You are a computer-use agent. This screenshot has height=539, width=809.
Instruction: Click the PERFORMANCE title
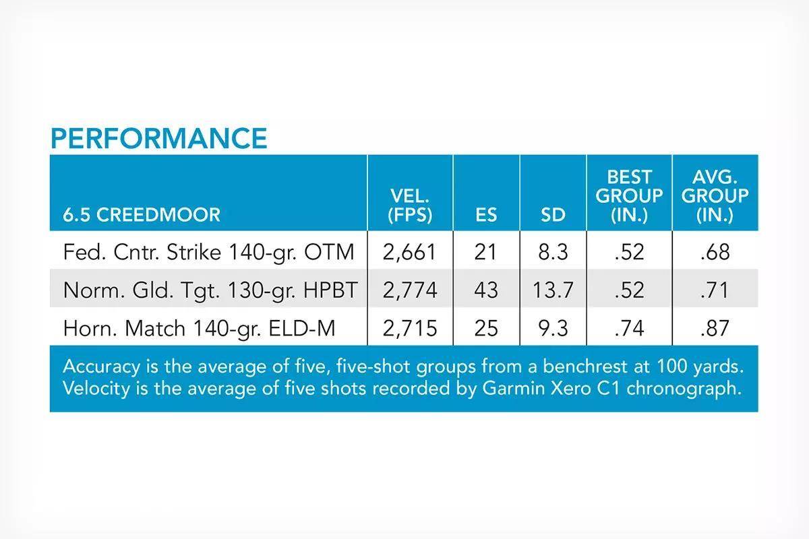pyautogui.click(x=159, y=138)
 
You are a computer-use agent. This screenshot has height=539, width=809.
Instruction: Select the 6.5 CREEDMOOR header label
pyautogui.click(x=142, y=215)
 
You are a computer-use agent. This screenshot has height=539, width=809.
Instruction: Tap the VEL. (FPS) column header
pyautogui.click(x=410, y=205)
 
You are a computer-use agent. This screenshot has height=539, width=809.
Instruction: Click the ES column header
pyautogui.click(x=486, y=215)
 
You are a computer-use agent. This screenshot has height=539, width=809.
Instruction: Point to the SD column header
pyautogui.click(x=553, y=215)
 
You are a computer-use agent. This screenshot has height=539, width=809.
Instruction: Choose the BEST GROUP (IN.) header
pyautogui.click(x=629, y=196)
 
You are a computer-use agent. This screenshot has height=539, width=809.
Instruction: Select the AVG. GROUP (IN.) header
pyautogui.click(x=715, y=196)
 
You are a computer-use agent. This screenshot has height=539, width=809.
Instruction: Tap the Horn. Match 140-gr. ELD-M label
pyautogui.click(x=199, y=329)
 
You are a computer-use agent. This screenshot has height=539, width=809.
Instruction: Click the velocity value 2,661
pyautogui.click(x=410, y=252)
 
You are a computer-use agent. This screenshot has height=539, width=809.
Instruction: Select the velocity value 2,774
pyautogui.click(x=410, y=290)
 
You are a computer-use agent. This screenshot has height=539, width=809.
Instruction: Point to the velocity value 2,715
pyautogui.click(x=410, y=329)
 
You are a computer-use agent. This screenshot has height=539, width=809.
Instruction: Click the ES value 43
pyautogui.click(x=486, y=290)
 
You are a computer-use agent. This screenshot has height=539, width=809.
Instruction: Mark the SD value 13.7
pyautogui.click(x=553, y=290)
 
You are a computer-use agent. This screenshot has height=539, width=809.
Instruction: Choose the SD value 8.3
pyautogui.click(x=553, y=252)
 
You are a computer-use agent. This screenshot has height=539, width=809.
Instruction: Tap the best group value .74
pyautogui.click(x=629, y=329)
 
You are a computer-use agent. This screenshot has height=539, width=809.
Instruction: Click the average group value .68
pyautogui.click(x=715, y=252)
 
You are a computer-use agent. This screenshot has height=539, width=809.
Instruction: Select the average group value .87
pyautogui.click(x=715, y=329)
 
